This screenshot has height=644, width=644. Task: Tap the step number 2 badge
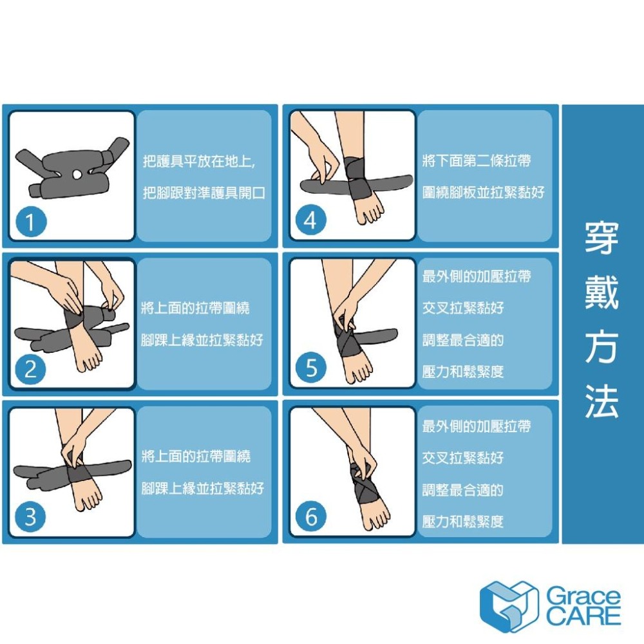[31, 370]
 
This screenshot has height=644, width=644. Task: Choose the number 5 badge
[311, 369]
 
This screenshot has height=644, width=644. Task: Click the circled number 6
[311, 517]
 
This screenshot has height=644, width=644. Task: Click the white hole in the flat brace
[78, 174]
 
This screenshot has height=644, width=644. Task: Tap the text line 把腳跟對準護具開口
[204, 193]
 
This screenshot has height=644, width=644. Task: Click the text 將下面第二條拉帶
[477, 161]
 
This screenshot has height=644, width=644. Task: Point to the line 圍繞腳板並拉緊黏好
[483, 193]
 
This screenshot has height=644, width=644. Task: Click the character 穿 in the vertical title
[601, 238]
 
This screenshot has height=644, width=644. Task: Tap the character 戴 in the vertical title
[601, 293]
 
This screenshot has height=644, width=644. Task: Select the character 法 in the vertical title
[601, 402]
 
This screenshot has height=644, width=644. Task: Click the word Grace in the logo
[583, 596]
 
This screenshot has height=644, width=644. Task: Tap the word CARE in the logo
[583, 616]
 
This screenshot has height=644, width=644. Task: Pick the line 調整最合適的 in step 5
[462, 340]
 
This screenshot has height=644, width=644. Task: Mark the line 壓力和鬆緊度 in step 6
[462, 522]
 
